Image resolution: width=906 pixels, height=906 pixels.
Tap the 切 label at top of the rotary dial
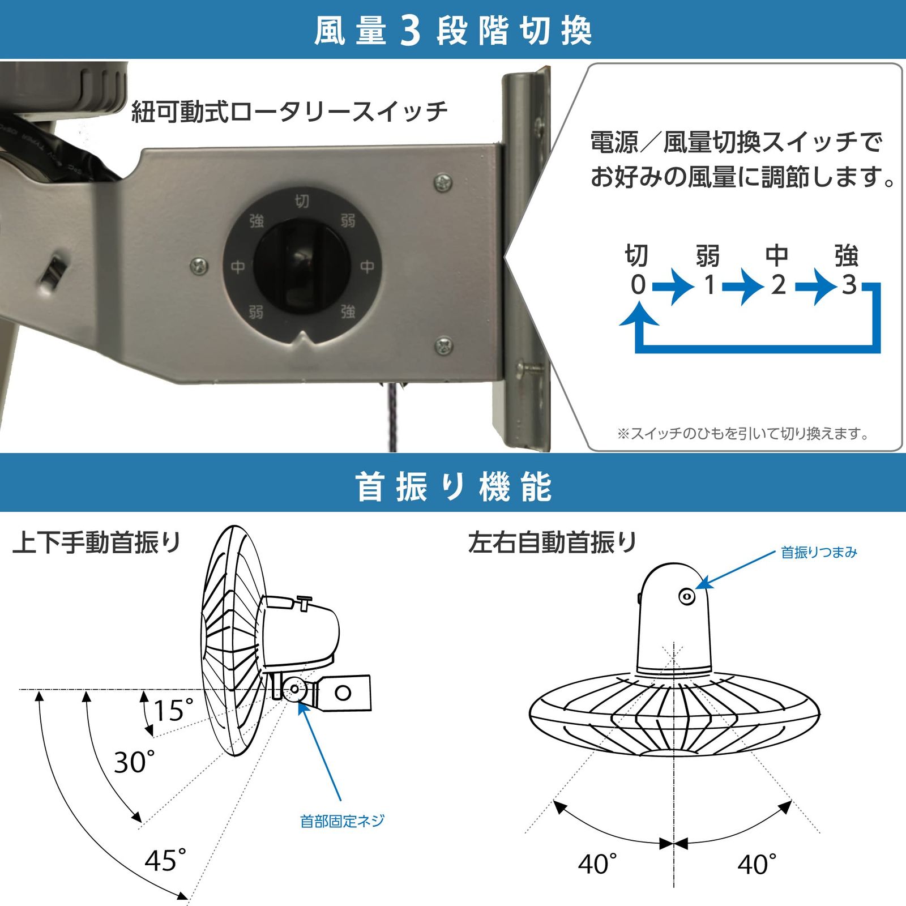(x=302, y=201)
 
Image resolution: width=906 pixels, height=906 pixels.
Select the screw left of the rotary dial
(x=199, y=265)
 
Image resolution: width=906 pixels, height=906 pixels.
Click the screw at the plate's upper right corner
(x=443, y=182)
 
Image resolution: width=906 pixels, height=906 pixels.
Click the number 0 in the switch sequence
(x=638, y=285)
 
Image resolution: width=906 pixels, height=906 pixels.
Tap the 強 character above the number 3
(x=847, y=256)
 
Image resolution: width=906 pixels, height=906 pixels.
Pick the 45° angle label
(x=165, y=861)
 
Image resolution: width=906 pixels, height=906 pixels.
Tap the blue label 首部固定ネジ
(x=342, y=821)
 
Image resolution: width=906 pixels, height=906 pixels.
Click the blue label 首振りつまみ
(x=819, y=552)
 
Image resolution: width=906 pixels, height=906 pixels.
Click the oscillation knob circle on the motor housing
(x=687, y=596)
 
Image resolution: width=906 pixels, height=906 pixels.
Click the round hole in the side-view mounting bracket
(x=343, y=692)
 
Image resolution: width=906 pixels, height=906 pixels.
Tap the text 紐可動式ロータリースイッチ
(x=289, y=112)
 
